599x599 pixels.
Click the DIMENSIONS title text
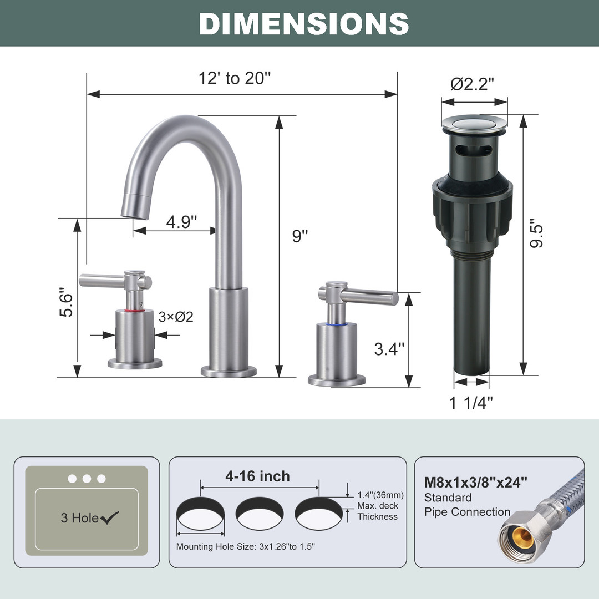click(304, 24)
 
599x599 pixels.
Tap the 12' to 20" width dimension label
click(235, 78)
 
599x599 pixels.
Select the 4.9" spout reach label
click(181, 221)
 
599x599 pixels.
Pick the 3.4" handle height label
click(389, 349)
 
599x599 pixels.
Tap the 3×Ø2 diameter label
click(176, 317)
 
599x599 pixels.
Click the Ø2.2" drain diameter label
click(472, 84)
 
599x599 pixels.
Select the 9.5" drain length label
click(536, 233)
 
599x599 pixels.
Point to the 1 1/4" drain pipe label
click(471, 403)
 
